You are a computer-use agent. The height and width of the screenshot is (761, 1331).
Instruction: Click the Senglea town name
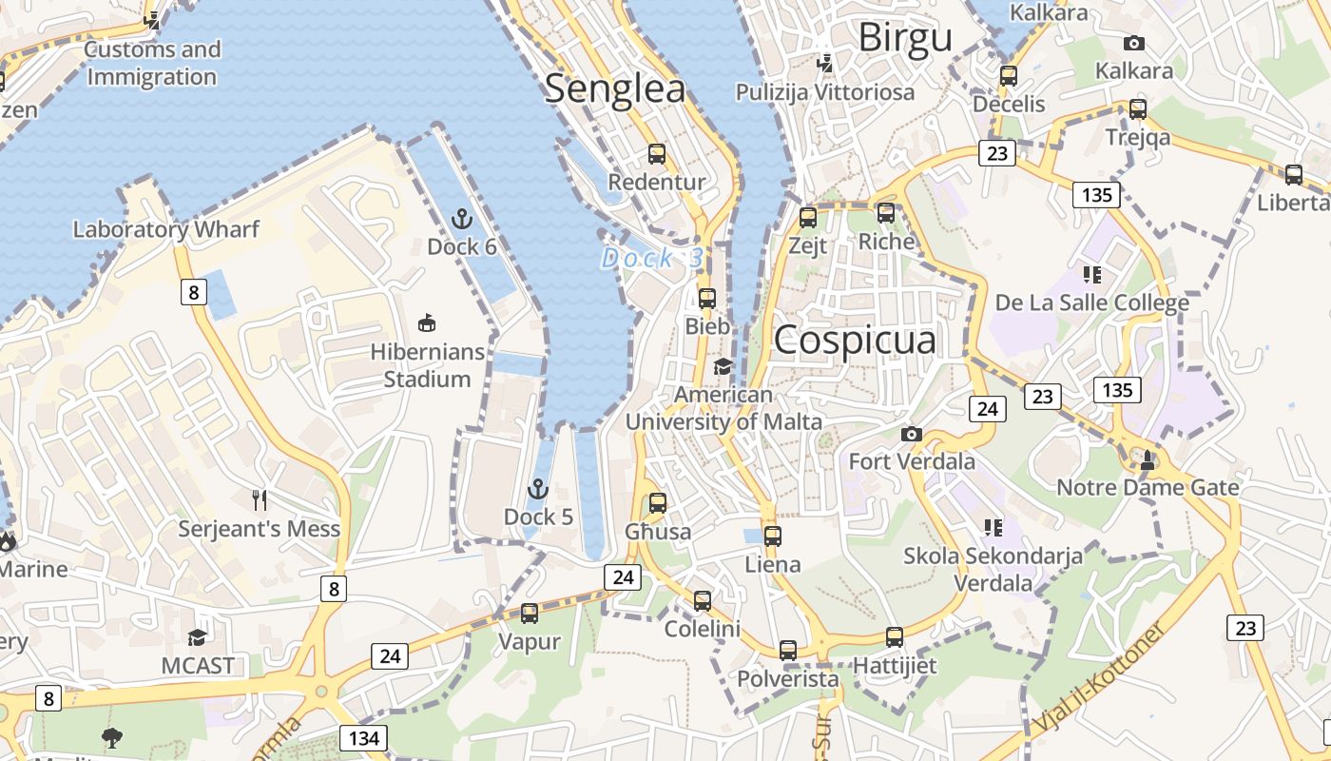click(614, 88)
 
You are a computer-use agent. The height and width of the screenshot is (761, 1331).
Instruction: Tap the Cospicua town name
click(855, 341)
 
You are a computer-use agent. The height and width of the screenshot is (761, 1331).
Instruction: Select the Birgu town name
click(904, 38)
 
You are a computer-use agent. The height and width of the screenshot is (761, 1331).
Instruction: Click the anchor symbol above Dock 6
click(461, 220)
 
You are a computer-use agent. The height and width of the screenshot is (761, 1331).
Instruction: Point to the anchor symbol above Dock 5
click(538, 490)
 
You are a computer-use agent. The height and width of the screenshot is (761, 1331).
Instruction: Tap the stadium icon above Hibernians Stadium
click(428, 324)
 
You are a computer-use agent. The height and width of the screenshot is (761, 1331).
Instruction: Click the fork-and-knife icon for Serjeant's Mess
click(259, 500)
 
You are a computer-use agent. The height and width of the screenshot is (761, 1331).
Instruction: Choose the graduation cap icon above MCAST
click(197, 637)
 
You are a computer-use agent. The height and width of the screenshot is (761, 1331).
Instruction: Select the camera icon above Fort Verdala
click(911, 435)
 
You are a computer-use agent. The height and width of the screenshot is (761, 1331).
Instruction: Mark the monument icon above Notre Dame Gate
click(1148, 460)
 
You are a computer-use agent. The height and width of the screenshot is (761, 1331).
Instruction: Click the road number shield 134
click(363, 737)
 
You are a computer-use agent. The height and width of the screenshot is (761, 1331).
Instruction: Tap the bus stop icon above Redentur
click(656, 154)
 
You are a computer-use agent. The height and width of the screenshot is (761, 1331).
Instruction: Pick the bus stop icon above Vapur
click(530, 614)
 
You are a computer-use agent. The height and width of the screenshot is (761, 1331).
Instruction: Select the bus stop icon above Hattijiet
click(894, 637)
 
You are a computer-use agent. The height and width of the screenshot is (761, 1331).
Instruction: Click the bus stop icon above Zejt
click(808, 218)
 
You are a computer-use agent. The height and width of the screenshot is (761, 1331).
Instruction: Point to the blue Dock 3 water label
click(653, 258)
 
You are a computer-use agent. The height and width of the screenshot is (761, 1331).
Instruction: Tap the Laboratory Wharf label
click(165, 229)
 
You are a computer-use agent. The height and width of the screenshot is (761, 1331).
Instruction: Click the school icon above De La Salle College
click(1091, 276)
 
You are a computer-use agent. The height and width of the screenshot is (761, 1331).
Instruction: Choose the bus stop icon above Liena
click(772, 537)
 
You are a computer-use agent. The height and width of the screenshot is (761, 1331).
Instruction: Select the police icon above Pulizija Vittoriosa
click(825, 64)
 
